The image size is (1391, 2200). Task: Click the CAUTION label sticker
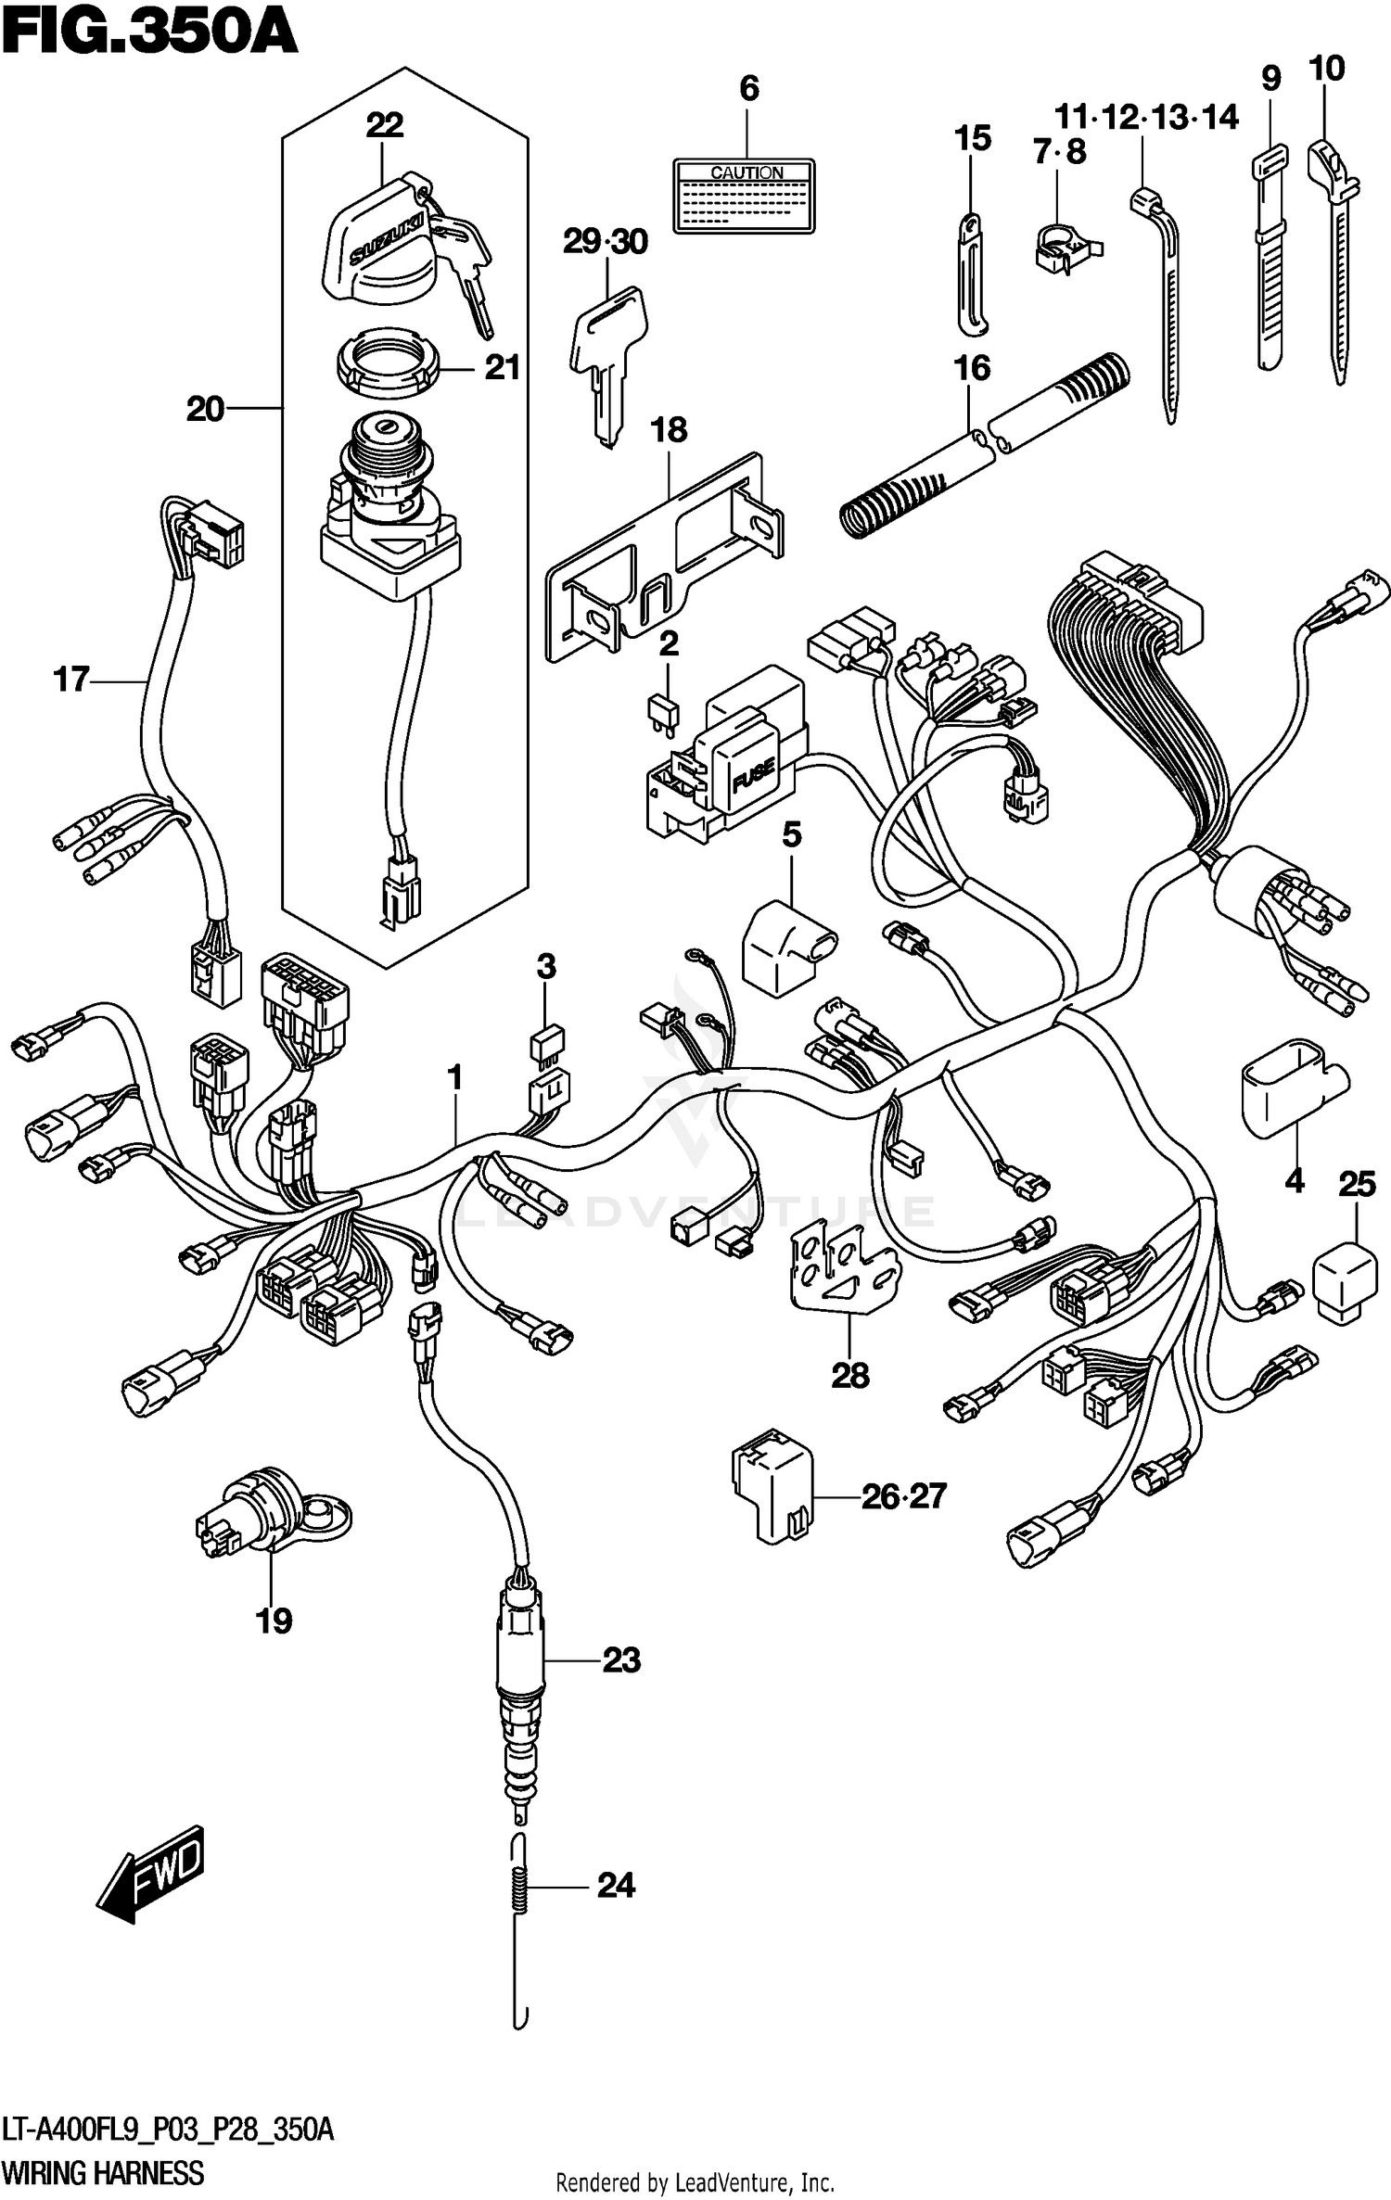pyautogui.click(x=744, y=196)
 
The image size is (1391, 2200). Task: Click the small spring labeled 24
pyautogui.click(x=521, y=1886)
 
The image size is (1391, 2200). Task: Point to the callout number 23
pyautogui.click(x=621, y=1660)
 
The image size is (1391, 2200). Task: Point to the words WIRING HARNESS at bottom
pyautogui.click(x=103, y=2172)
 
